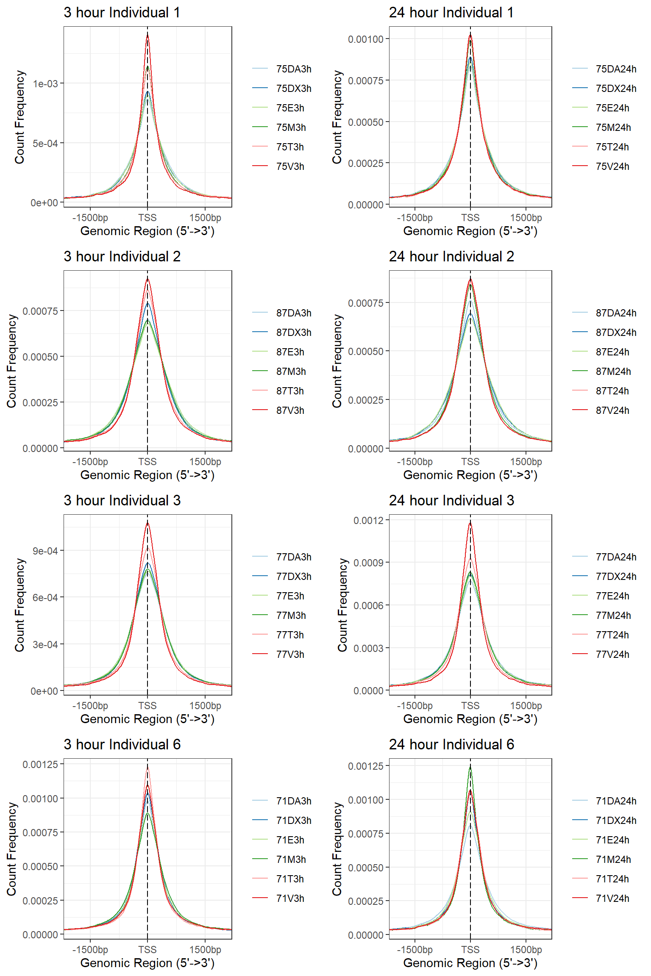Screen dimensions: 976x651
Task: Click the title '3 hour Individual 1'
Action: (122, 13)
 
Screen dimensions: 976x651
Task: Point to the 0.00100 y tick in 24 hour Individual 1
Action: (365, 39)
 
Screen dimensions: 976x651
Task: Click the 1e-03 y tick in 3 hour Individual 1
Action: (45, 84)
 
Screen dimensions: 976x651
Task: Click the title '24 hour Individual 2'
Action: (451, 257)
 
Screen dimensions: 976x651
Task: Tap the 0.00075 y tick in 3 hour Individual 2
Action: (40, 311)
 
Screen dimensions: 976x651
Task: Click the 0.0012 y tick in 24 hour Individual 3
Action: (368, 521)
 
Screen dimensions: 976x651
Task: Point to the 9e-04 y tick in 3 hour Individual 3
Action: (45, 551)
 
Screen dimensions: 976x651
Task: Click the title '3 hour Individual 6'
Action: (122, 745)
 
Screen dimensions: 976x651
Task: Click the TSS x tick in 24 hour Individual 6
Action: (470, 950)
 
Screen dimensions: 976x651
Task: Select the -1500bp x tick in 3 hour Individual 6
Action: (90, 950)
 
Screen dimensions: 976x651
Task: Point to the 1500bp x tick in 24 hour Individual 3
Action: (526, 706)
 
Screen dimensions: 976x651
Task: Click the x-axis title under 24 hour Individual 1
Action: (470, 231)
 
